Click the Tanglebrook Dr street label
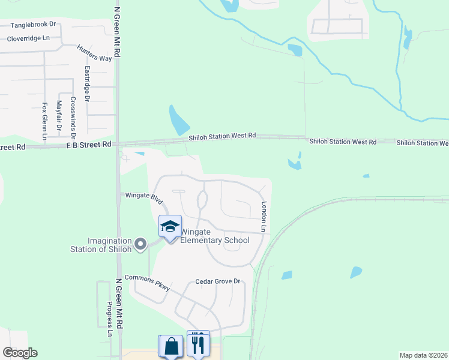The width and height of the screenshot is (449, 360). click(33, 25)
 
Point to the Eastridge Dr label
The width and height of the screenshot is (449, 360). click(86, 84)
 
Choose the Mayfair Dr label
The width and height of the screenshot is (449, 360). click(59, 116)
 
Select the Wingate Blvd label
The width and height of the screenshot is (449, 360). click(143, 196)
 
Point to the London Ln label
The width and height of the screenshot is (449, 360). click(263, 217)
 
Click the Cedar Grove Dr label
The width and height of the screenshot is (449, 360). click(217, 281)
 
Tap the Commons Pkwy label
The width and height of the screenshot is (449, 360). click(147, 283)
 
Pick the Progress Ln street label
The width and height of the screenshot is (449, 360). click(110, 319)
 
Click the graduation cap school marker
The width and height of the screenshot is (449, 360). click(170, 227)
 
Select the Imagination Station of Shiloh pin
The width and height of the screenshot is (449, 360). click(140, 244)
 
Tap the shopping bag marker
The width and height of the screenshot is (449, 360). click(171, 346)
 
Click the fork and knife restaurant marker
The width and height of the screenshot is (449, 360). click(198, 343)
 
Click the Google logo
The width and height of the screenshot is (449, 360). click(20, 352)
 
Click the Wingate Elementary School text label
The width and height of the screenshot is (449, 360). click(215, 236)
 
